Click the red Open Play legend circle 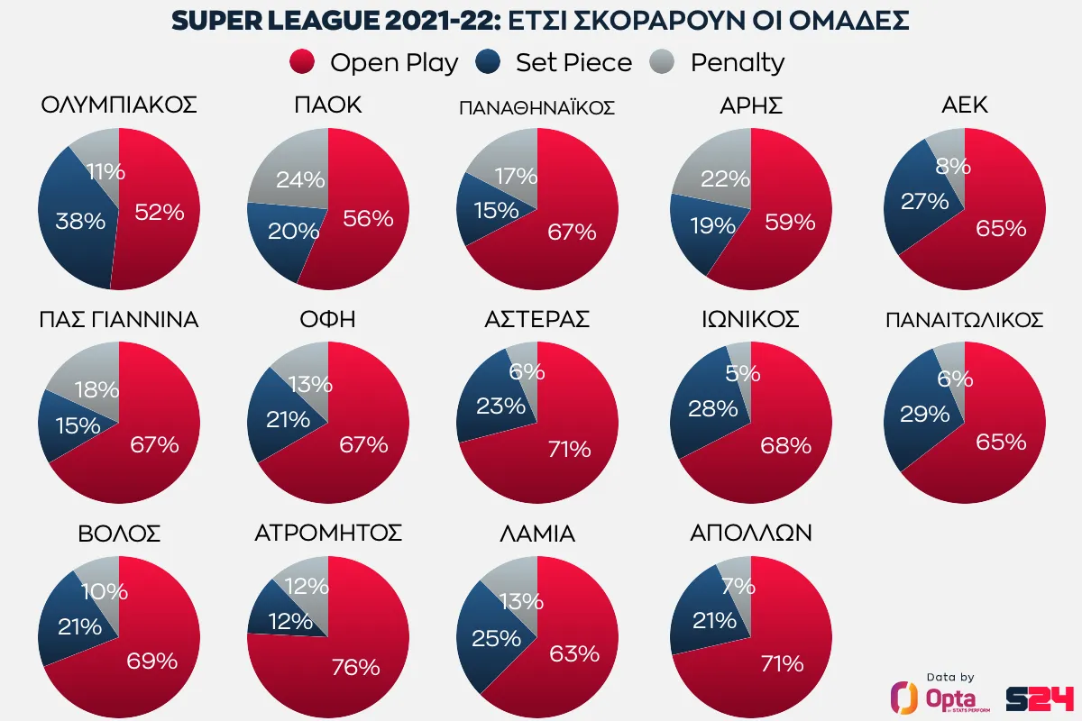click(x=302, y=62)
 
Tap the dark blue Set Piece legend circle click(x=488, y=62)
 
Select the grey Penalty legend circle click(x=663, y=62)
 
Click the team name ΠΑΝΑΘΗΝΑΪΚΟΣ click(x=536, y=108)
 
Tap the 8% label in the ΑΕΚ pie click(x=953, y=166)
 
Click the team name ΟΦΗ click(x=328, y=320)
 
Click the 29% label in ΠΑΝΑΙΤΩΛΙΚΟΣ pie click(x=924, y=414)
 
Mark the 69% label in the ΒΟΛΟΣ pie click(x=151, y=661)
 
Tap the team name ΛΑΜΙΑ click(x=536, y=534)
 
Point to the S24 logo click(x=1041, y=698)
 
